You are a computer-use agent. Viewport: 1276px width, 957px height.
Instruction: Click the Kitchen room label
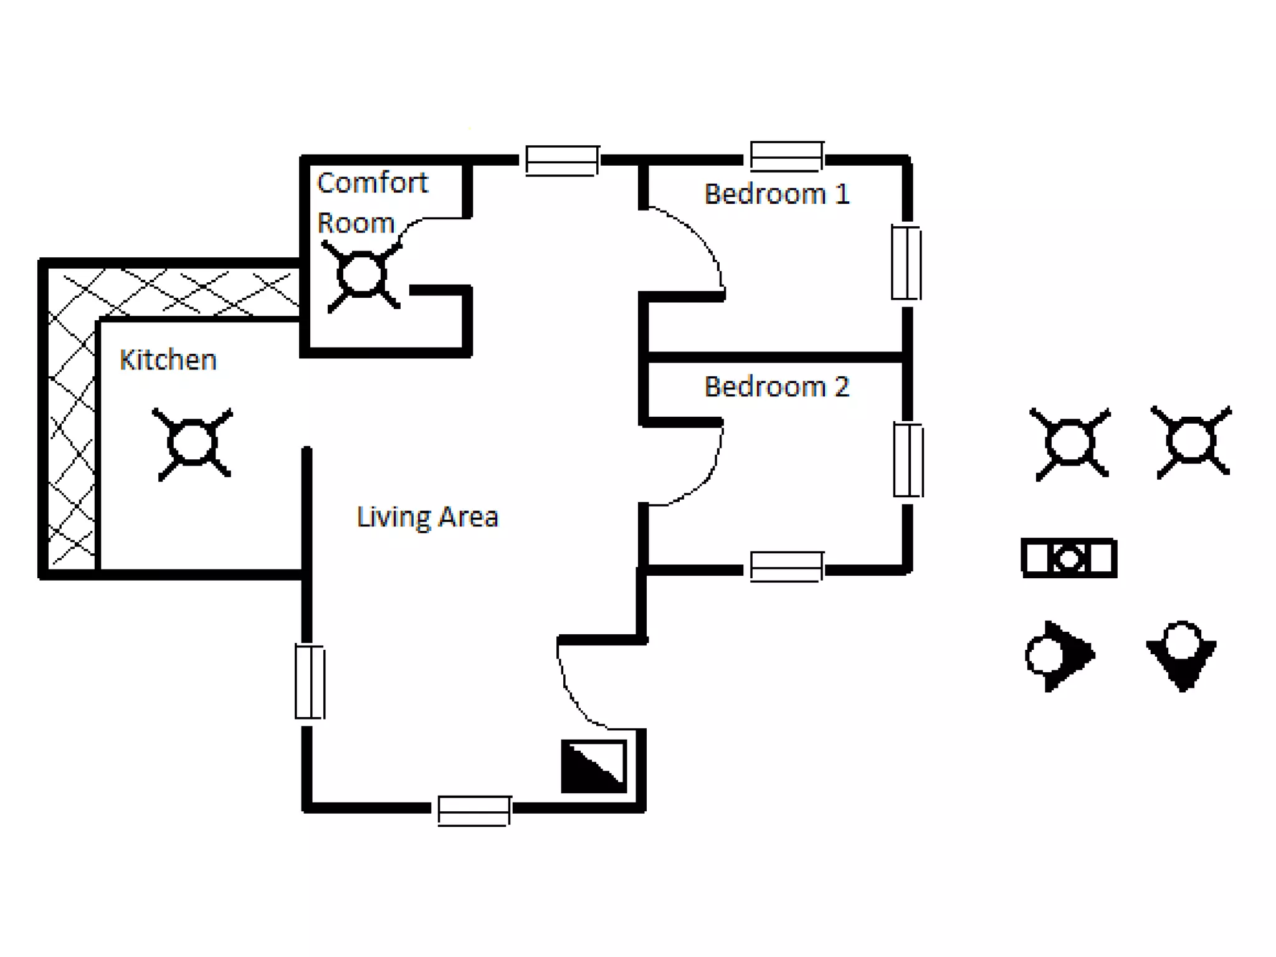[x=168, y=360]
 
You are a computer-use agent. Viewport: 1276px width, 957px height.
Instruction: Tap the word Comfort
[x=372, y=183]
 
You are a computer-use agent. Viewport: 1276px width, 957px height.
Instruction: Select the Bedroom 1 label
[x=776, y=194]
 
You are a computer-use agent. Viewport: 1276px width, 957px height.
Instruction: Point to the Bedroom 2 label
[x=776, y=387]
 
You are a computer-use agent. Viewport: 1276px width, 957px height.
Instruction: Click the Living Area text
[x=427, y=517]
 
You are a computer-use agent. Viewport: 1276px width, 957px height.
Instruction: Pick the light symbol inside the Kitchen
[x=193, y=444]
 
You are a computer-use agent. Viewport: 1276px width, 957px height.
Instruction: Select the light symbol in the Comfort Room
[x=361, y=275]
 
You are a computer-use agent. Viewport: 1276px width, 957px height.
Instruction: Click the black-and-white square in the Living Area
[x=594, y=766]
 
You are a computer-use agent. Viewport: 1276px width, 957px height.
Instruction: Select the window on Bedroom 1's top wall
[x=787, y=156]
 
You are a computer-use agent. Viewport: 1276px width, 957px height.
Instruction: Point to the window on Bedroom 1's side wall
[x=906, y=262]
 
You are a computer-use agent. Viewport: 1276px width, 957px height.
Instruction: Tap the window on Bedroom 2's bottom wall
[x=787, y=566]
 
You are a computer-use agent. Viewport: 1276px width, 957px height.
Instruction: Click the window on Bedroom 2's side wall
[x=908, y=460]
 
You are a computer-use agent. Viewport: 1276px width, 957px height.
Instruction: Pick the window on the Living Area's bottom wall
[x=474, y=810]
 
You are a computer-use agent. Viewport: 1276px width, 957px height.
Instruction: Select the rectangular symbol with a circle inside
[x=1069, y=558]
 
